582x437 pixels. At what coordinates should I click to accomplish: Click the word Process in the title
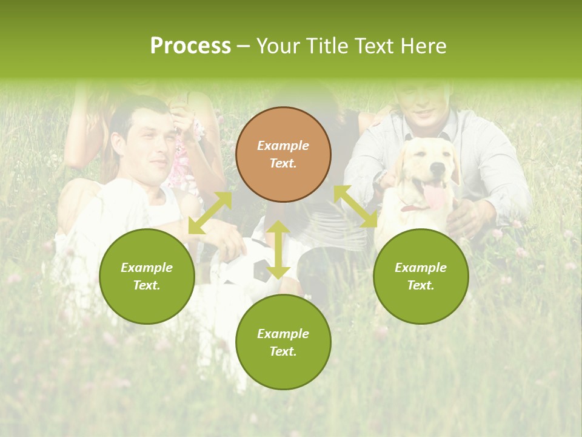point(190,46)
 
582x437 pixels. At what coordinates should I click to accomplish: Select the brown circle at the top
point(283,154)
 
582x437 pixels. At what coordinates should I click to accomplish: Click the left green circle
point(147,276)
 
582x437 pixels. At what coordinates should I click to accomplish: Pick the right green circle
point(421,276)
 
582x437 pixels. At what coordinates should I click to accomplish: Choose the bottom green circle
point(283,342)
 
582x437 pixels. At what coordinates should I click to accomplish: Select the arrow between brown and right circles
point(356,207)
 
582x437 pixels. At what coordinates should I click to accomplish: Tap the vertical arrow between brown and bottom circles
point(278,249)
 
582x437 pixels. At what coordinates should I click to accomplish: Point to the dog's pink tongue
point(434,196)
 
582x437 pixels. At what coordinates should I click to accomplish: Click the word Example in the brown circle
point(283,146)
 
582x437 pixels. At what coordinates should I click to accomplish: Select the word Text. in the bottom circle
point(283,351)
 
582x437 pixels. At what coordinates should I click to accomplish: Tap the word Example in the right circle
point(421,268)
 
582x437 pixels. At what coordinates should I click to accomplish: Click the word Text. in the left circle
point(147,285)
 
